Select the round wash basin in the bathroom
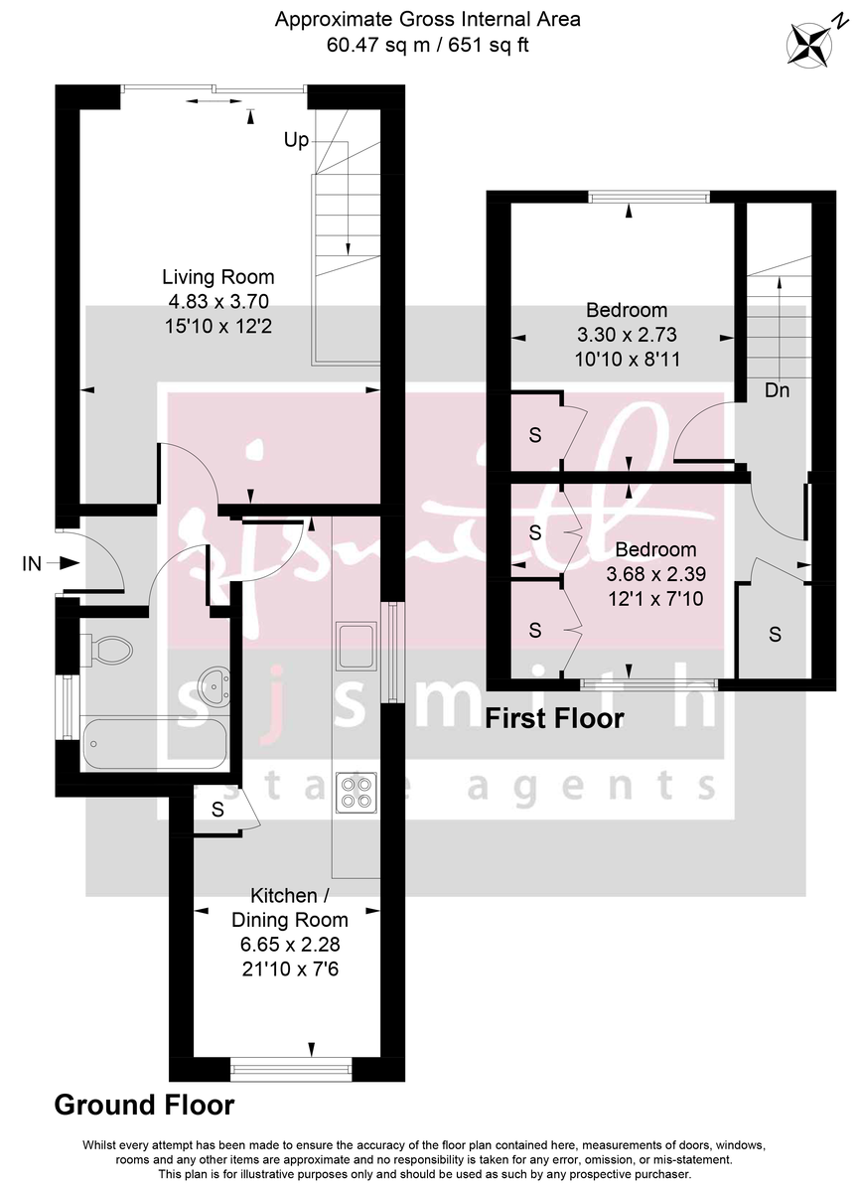[213, 684]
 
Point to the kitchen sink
[356, 646]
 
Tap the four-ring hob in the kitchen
[356, 792]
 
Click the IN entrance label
[32, 564]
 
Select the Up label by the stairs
[296, 141]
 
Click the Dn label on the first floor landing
[777, 391]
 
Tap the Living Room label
[218, 277]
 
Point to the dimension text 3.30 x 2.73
[626, 335]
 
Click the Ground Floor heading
[144, 1105]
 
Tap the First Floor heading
[554, 718]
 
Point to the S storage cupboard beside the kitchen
[217, 811]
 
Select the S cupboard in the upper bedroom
[534, 434]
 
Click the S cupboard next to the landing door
[775, 635]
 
